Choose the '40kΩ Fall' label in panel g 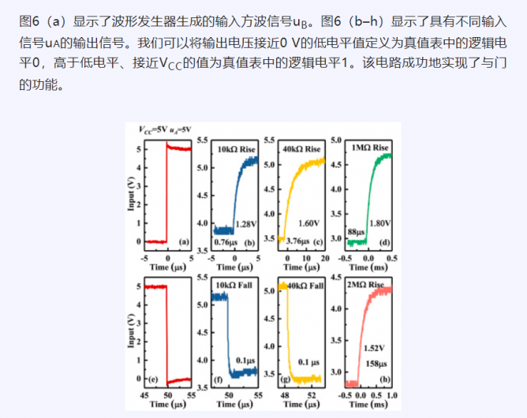click(303, 285)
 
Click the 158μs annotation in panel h click(376, 364)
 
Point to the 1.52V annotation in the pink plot click(376, 347)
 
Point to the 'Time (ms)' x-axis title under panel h click(368, 404)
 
